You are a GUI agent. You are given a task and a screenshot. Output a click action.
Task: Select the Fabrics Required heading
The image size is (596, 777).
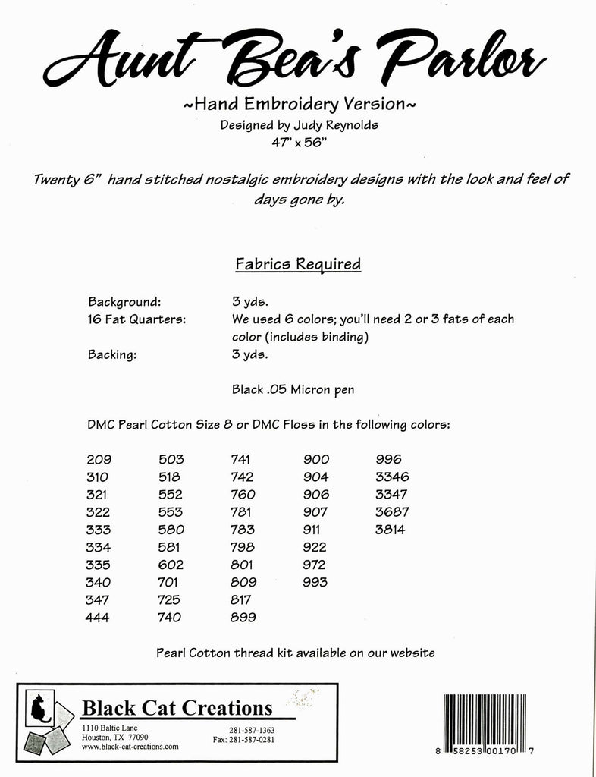pos(298,264)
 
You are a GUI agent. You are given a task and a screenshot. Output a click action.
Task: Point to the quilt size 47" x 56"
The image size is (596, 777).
pos(297,142)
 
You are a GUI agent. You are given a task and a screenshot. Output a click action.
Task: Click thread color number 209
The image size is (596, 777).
pos(99,459)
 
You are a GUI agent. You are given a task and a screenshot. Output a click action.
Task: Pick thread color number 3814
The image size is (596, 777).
pos(391,530)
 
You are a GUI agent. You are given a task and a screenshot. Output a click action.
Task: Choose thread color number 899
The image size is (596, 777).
pos(243,618)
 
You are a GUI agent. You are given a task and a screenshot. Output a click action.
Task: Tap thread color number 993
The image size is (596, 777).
pos(315,583)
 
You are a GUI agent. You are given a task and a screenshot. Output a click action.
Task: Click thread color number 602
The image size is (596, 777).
pos(171,565)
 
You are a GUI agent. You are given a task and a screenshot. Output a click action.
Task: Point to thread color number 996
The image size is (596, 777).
pos(388,459)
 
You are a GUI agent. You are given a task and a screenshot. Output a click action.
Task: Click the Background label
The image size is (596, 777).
pos(124,300)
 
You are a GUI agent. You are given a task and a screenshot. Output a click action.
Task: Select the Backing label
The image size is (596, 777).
pos(112,354)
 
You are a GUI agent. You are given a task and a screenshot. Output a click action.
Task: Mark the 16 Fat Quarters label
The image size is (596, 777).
pos(136,319)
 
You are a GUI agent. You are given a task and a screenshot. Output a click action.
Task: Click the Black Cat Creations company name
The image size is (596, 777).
pos(177,709)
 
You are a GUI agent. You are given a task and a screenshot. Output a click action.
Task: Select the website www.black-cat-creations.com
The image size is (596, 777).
pos(130,747)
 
